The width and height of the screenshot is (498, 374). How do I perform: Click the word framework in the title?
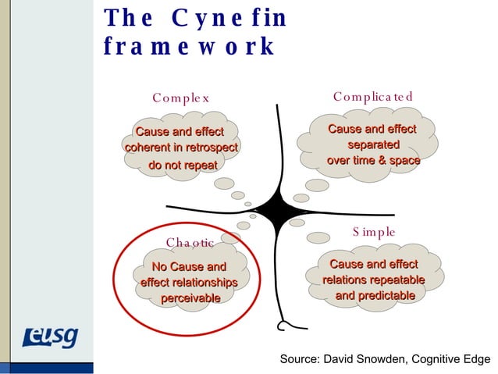click(189, 48)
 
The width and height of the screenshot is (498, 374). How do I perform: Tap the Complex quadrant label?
click(181, 98)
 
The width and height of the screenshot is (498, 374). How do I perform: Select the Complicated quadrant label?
click(372, 97)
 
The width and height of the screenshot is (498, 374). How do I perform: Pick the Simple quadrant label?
click(374, 232)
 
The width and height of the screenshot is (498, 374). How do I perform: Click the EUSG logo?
click(50, 338)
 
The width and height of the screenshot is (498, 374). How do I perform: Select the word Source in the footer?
click(300, 359)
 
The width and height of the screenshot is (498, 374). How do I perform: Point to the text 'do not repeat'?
click(183, 166)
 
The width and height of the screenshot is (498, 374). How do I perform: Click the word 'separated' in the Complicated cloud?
click(373, 145)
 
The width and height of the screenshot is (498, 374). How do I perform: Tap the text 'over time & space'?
click(373, 161)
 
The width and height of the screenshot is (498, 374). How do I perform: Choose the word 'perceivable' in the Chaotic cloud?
click(190, 299)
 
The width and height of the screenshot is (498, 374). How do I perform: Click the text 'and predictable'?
click(375, 296)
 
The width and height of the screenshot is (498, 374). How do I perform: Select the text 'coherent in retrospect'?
click(181, 148)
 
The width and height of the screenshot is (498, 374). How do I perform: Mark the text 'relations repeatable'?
click(374, 280)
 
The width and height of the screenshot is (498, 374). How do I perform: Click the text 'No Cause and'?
click(189, 268)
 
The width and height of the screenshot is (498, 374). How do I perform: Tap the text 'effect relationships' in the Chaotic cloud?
click(189, 283)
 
